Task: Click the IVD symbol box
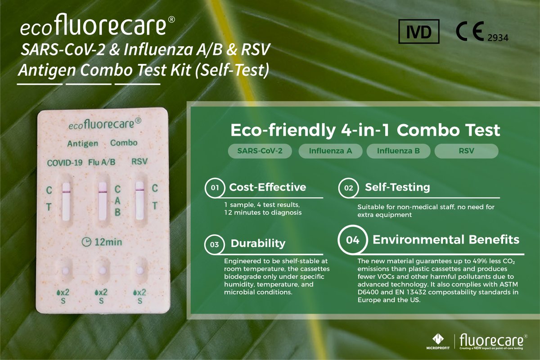pyautogui.click(x=418, y=32)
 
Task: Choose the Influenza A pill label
pyautogui.click(x=330, y=151)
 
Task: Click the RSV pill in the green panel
pyautogui.click(x=466, y=151)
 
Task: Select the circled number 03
pyautogui.click(x=214, y=244)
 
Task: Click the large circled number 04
pyautogui.click(x=352, y=239)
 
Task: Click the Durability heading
pyautogui.click(x=258, y=244)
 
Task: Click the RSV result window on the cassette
pyautogui.click(x=139, y=201)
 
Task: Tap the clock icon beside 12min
pyautogui.click(x=85, y=242)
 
